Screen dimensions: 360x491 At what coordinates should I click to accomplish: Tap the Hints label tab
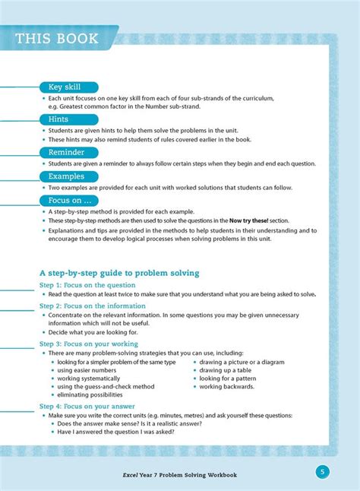(x=58, y=119)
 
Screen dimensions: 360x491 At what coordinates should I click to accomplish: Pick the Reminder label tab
(x=66, y=152)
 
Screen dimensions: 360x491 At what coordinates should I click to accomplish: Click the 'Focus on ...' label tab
(x=67, y=200)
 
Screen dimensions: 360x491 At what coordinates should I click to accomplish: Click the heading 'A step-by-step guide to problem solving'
(x=119, y=271)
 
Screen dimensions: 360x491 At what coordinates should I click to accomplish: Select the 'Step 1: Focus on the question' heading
(x=87, y=285)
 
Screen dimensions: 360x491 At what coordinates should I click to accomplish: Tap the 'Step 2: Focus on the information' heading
(x=93, y=306)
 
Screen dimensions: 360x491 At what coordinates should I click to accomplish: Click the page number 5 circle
(x=323, y=472)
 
